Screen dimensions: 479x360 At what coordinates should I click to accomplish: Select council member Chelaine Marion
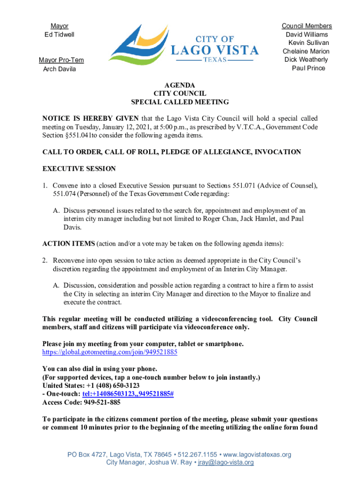(x=306, y=51)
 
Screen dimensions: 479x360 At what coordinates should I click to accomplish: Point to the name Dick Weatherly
(x=306, y=60)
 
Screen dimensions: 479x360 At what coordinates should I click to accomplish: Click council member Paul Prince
(x=308, y=68)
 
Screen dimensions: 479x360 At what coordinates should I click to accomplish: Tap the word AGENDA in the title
(x=180, y=86)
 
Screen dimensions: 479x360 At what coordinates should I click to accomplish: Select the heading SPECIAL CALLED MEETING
(x=180, y=102)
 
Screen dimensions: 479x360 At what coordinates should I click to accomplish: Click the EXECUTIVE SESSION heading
(x=79, y=168)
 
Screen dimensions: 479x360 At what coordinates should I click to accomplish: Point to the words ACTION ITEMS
(x=68, y=244)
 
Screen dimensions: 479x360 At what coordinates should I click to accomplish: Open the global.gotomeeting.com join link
(x=109, y=352)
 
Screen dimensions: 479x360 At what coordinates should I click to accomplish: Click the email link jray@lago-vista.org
(x=225, y=463)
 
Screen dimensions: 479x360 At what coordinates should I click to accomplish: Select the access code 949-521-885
(x=101, y=402)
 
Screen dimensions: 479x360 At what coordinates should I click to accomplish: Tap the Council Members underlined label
(x=306, y=26)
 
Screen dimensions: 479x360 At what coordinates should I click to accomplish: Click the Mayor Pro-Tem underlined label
(x=61, y=60)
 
